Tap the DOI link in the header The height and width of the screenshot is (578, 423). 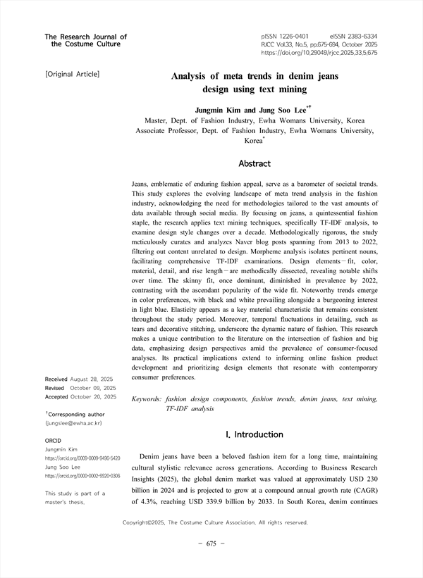(319, 52)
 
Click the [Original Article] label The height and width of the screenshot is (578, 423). (72, 74)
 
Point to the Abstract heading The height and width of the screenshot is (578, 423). (255, 163)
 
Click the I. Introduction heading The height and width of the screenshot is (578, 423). (255, 434)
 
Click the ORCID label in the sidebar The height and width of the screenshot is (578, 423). (54, 440)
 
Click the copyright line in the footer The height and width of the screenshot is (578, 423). (215, 522)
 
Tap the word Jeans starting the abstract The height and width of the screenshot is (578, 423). (141, 183)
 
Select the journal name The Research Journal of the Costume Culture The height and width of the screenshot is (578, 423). (85, 40)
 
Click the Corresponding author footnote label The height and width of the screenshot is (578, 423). (75, 415)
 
